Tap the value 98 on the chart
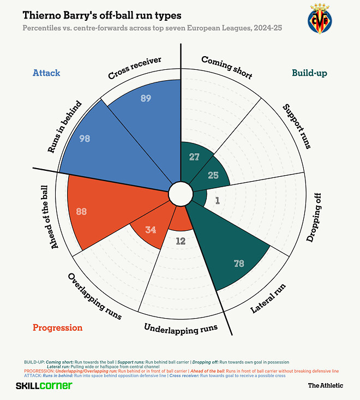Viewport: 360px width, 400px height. tap(85, 139)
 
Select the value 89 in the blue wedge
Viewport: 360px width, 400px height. tap(145, 98)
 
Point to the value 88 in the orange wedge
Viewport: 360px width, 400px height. tap(81, 211)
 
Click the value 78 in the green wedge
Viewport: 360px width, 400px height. tap(239, 264)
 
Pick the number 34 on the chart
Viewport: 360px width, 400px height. tap(151, 230)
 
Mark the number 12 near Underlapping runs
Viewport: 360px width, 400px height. tap(181, 240)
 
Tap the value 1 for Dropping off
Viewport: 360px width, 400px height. tap(217, 200)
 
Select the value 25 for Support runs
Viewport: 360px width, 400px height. tap(213, 175)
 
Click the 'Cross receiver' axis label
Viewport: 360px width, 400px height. tap(135, 68)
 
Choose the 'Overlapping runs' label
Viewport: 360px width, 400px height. tap(94, 296)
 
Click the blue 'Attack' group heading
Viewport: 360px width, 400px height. tap(46, 73)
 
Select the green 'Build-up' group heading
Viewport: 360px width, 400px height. tap(309, 73)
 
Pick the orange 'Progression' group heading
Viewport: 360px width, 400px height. tap(57, 327)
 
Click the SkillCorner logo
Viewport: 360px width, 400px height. tap(44, 385)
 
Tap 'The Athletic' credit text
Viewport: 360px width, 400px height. tap(326, 385)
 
